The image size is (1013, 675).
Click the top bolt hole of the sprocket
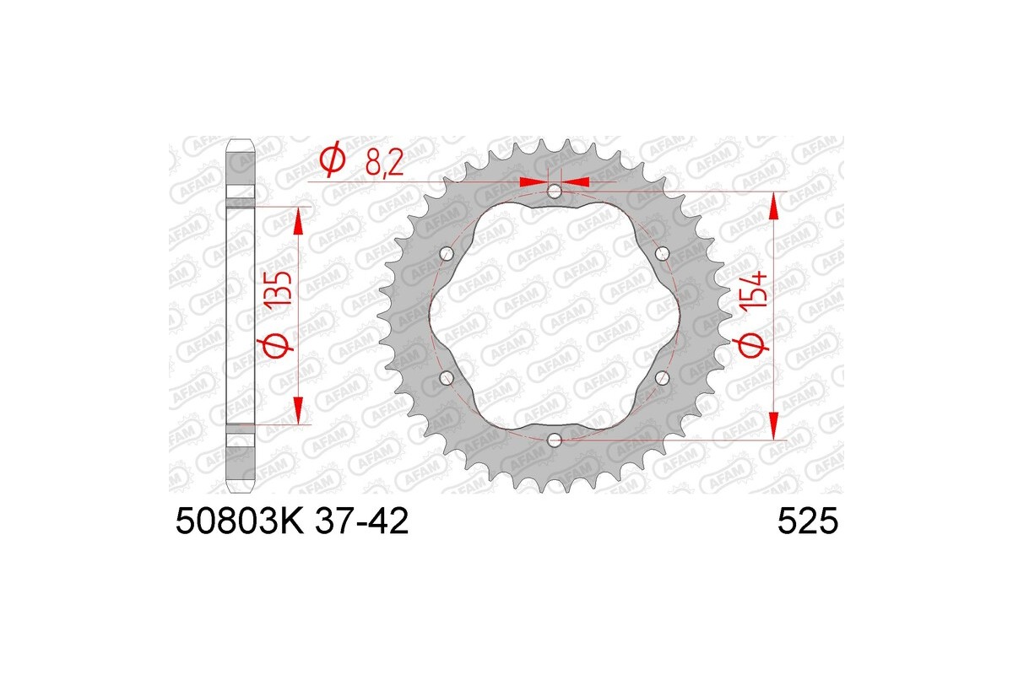tap(554, 192)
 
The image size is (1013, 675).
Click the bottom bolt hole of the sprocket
tap(554, 440)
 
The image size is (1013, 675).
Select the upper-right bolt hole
tap(661, 253)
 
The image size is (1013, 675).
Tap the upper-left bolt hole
tap(447, 253)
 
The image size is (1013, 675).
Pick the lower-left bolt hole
tap(447, 377)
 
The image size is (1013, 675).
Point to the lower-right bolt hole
tap(661, 377)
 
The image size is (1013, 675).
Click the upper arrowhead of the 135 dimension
tap(297, 221)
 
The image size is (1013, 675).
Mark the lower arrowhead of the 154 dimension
tap(774, 425)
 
